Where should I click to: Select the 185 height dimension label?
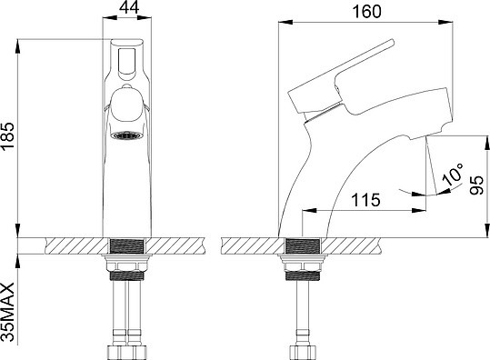coord(7,136)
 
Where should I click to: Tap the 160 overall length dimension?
coord(367,12)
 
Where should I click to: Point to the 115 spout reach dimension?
coord(366,200)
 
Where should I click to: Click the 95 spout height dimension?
coord(477,185)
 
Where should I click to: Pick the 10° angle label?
coord(453,175)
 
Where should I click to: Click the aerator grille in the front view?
coord(127,135)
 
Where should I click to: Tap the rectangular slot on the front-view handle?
coord(126,61)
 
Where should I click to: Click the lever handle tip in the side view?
coord(391,43)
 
